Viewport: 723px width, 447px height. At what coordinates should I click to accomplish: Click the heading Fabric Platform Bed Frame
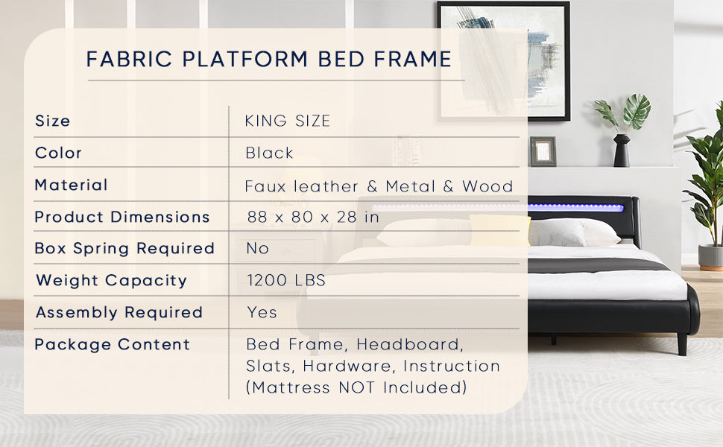(269, 59)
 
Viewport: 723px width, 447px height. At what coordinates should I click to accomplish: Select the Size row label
(53, 121)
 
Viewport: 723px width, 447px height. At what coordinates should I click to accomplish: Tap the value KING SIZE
(288, 121)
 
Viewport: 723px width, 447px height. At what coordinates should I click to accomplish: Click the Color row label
(59, 153)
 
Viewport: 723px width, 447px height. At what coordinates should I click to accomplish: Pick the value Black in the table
(270, 153)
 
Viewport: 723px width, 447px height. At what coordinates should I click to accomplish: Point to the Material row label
(72, 185)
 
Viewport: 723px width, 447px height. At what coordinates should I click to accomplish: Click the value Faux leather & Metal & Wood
(379, 186)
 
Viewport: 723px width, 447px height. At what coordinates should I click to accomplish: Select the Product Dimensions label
(122, 217)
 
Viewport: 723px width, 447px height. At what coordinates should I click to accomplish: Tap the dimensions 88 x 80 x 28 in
(313, 217)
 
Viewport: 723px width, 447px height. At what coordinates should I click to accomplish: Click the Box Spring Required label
(124, 248)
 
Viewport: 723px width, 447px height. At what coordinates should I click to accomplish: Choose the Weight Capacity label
(112, 280)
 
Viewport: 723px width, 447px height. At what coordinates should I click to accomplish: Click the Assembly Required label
(119, 312)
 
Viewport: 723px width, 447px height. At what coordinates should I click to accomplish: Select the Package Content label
(113, 344)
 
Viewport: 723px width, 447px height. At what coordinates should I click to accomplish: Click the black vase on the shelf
(621, 151)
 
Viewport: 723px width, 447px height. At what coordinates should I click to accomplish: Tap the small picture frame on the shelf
(543, 151)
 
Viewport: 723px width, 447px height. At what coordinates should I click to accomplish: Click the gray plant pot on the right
(710, 256)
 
